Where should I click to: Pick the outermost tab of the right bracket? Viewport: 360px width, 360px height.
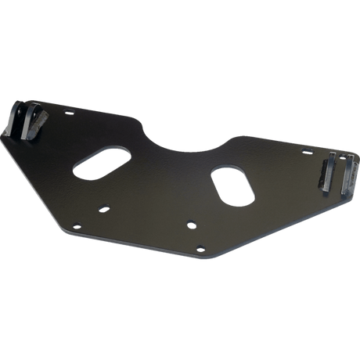coord(345,174)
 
